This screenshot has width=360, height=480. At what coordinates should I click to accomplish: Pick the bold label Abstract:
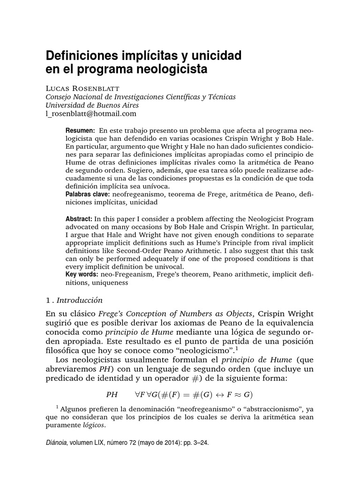[x=79, y=219]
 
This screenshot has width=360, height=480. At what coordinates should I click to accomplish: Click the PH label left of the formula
[x=112, y=394]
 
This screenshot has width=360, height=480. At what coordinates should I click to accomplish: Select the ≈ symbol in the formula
[x=236, y=394]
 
